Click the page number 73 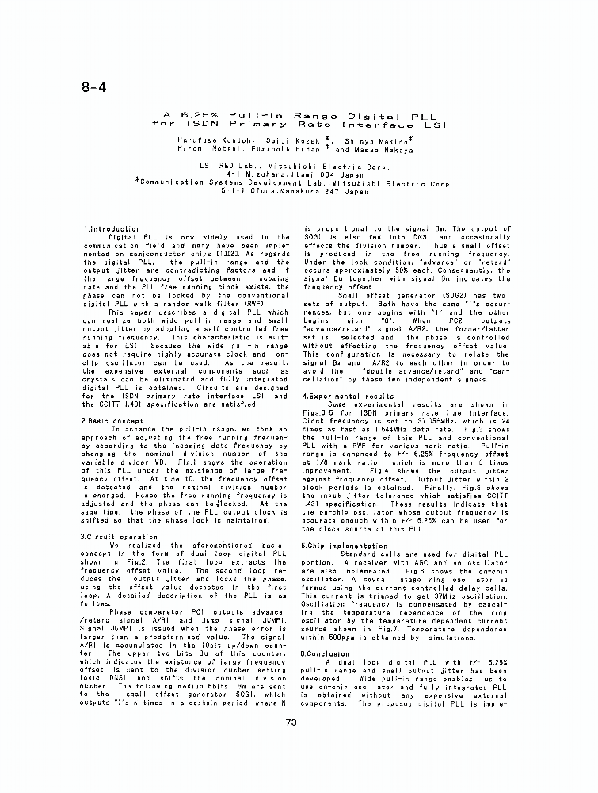[x=290, y=721]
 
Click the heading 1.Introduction [x=112, y=229]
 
